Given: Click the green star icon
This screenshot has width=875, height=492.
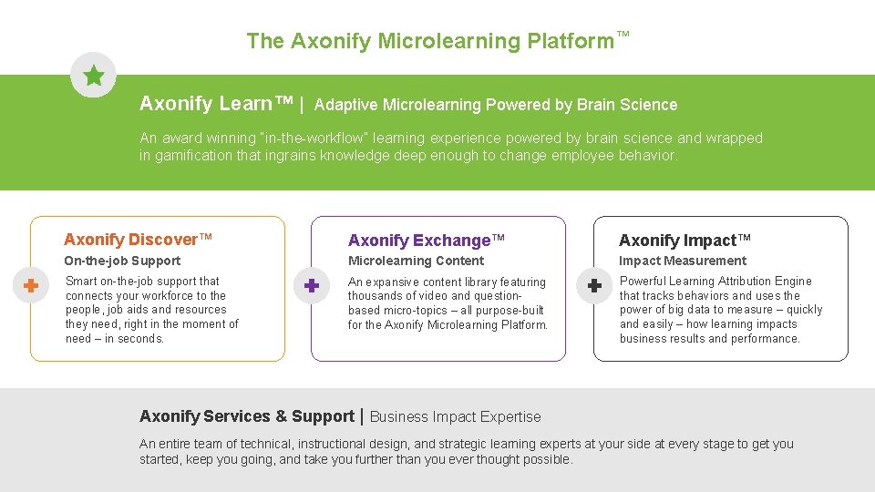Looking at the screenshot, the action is [93, 75].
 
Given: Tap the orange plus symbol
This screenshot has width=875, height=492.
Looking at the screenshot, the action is [30, 286].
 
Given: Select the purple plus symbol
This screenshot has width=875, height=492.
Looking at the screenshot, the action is [311, 286].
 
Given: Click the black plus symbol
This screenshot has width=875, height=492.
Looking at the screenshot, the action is [593, 286].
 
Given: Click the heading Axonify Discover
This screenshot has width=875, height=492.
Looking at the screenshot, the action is [138, 240].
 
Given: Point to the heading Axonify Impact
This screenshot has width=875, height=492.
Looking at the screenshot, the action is [685, 241].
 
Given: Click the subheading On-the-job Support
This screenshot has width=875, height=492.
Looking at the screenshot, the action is [122, 261].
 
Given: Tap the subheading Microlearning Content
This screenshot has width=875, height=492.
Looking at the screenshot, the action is [416, 261].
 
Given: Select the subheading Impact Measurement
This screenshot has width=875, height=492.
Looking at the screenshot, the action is [683, 261].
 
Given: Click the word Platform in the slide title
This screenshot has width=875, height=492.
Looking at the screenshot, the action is [571, 41].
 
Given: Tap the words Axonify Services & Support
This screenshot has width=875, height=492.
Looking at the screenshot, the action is [247, 416].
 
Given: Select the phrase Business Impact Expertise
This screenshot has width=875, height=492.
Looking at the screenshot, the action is [455, 417].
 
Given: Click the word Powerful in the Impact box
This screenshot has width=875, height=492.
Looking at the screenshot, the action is [643, 282].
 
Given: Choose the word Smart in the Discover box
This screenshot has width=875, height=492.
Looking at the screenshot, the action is [81, 282].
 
